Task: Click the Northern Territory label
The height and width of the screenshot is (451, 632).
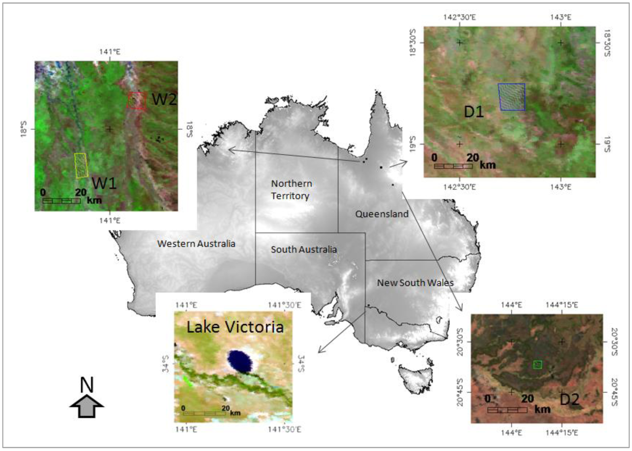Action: (x=291, y=190)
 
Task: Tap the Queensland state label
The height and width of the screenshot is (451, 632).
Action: (x=382, y=214)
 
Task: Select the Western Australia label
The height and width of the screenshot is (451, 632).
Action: (x=196, y=244)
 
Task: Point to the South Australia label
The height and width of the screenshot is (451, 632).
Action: (x=304, y=249)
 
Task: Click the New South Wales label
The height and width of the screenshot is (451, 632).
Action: (x=415, y=283)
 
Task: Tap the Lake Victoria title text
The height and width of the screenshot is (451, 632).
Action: (x=235, y=327)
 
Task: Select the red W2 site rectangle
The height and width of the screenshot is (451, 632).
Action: (x=137, y=100)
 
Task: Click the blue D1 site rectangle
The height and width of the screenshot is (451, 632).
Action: (x=512, y=97)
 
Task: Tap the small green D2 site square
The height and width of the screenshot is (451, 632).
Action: (x=537, y=365)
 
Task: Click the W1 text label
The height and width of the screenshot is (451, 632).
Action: (x=104, y=183)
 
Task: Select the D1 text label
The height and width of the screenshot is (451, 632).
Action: (x=474, y=112)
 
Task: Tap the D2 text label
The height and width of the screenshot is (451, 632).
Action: (x=569, y=399)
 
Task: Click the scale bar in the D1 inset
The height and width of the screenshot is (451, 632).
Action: (x=453, y=166)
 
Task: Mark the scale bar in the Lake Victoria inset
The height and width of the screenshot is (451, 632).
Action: (x=204, y=413)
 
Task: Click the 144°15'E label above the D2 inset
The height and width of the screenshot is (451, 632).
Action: (x=562, y=305)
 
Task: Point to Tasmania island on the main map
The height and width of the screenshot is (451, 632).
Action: (x=415, y=379)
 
